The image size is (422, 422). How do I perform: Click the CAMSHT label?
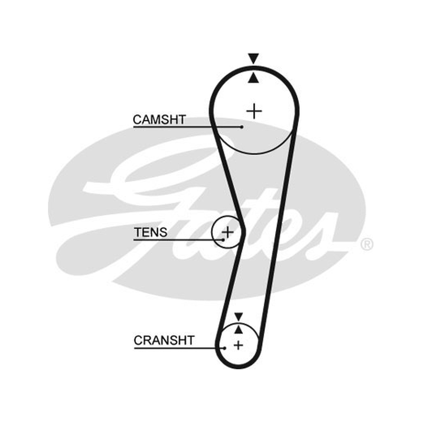[x=159, y=120]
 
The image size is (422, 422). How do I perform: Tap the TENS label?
[x=150, y=232]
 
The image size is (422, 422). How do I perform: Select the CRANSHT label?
[x=164, y=340]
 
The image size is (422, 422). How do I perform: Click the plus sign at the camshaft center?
[x=254, y=111]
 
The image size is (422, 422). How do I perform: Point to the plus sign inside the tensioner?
[x=228, y=232]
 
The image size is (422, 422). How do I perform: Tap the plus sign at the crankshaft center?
[x=238, y=345]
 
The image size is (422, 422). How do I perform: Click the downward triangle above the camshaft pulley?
[x=254, y=59]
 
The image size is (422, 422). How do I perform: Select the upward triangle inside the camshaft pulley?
[x=254, y=78]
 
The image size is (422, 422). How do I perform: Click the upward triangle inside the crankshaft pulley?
[x=238, y=329]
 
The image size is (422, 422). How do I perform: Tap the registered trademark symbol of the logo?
[x=367, y=244]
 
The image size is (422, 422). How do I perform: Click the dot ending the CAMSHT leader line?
[x=242, y=127]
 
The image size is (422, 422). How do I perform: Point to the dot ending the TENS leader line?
[x=223, y=239]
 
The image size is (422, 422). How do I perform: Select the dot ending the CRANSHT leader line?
[x=225, y=348]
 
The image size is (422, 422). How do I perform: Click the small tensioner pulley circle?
[x=212, y=232]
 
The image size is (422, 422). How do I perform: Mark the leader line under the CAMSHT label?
[x=188, y=127]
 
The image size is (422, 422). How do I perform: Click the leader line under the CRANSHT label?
[x=179, y=348]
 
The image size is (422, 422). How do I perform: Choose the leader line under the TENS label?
[x=178, y=239]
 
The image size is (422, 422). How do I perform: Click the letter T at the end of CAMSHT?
[x=181, y=120]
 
